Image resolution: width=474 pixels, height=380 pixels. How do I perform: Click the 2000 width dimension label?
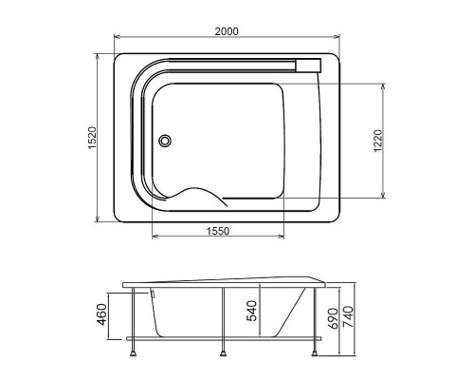point(226,31)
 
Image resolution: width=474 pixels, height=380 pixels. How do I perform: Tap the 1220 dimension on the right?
point(377,141)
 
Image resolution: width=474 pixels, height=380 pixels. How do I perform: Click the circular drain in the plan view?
point(168,142)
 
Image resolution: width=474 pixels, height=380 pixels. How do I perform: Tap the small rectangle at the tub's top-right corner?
point(310,65)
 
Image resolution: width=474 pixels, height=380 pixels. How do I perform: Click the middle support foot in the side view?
point(225,355)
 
